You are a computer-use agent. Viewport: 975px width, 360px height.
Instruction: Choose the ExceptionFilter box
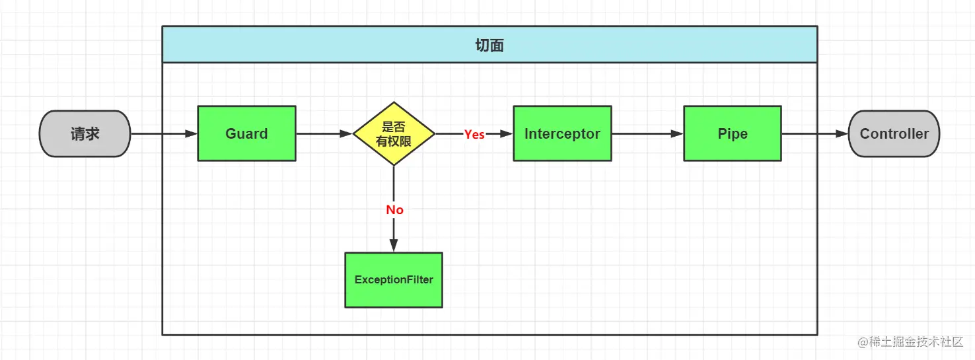pos(394,280)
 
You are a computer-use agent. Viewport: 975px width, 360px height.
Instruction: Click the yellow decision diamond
pos(394,133)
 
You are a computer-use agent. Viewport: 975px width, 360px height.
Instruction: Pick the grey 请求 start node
pos(85,133)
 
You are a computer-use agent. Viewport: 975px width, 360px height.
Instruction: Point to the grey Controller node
pos(894,133)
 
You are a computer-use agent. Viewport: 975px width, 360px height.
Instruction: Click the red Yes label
pos(474,134)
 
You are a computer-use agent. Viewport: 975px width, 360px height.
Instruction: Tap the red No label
pos(394,209)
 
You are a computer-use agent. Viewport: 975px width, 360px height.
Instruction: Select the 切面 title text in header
pos(489,45)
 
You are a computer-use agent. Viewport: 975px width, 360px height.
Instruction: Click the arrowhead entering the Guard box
pos(191,133)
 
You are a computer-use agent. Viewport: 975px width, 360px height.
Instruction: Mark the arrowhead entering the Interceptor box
pos(507,133)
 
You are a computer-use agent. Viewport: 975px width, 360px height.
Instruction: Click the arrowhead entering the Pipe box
pos(677,133)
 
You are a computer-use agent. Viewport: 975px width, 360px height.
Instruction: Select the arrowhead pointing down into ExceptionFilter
pos(394,246)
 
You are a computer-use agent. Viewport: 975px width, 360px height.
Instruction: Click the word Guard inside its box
pos(246,134)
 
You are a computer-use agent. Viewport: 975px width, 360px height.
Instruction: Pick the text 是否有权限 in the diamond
pos(394,134)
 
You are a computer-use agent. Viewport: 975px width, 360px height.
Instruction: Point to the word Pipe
pos(733,134)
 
